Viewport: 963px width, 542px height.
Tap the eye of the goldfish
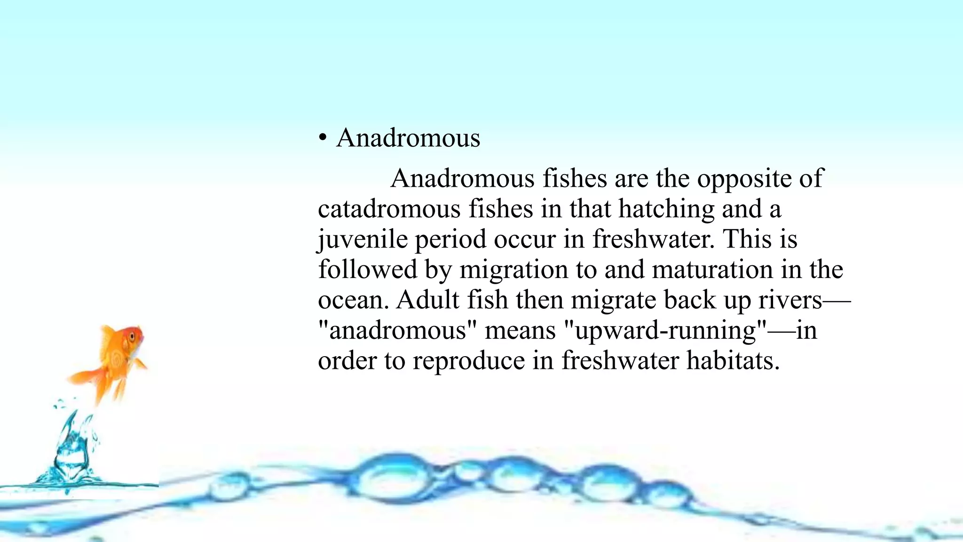(132, 337)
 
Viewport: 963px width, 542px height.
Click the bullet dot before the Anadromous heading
(322, 138)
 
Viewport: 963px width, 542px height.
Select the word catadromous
(389, 209)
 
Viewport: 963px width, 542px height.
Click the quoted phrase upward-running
(665, 330)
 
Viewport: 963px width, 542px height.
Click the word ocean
(353, 300)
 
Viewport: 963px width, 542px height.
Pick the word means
(520, 330)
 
